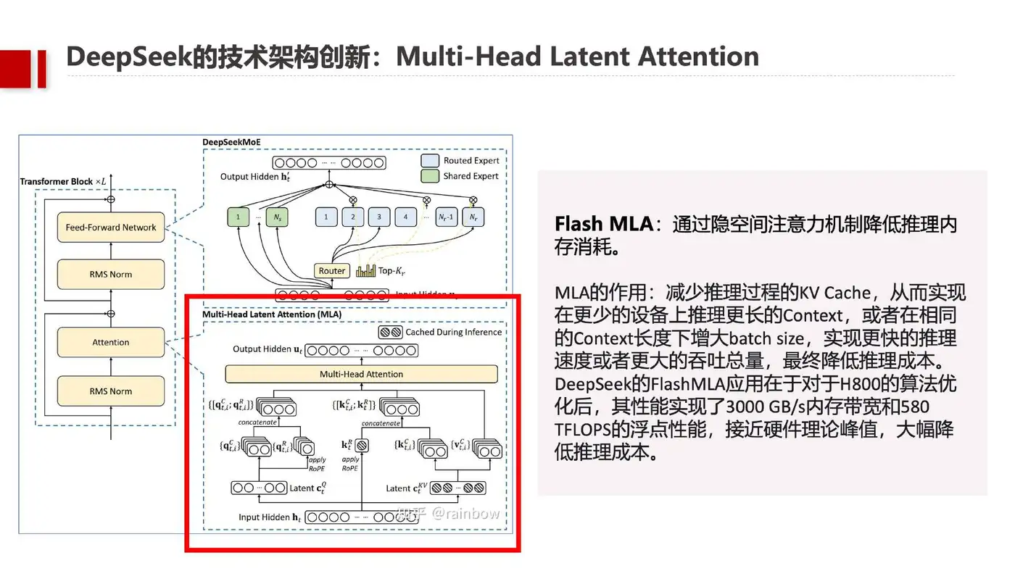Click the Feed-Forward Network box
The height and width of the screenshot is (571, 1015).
click(x=110, y=228)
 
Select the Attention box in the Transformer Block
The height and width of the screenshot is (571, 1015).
click(x=110, y=343)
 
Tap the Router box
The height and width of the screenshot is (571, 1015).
click(x=332, y=271)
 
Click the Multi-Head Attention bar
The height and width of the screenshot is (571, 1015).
click(x=361, y=374)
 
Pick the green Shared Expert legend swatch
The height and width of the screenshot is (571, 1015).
click(x=430, y=176)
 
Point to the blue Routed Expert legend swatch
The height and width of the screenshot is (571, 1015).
click(x=430, y=161)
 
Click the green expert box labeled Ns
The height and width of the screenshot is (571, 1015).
click(x=276, y=217)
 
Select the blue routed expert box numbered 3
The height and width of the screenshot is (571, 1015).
click(x=378, y=217)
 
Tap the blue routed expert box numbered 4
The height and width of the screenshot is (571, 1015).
click(x=405, y=217)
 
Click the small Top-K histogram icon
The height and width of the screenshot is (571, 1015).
click(x=365, y=271)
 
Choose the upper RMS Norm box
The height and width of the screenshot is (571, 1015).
click(x=110, y=275)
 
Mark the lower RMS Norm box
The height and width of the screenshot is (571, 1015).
click(x=110, y=391)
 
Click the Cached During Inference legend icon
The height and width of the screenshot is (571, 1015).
click(x=390, y=333)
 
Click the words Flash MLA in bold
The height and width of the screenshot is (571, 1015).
click(x=604, y=224)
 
